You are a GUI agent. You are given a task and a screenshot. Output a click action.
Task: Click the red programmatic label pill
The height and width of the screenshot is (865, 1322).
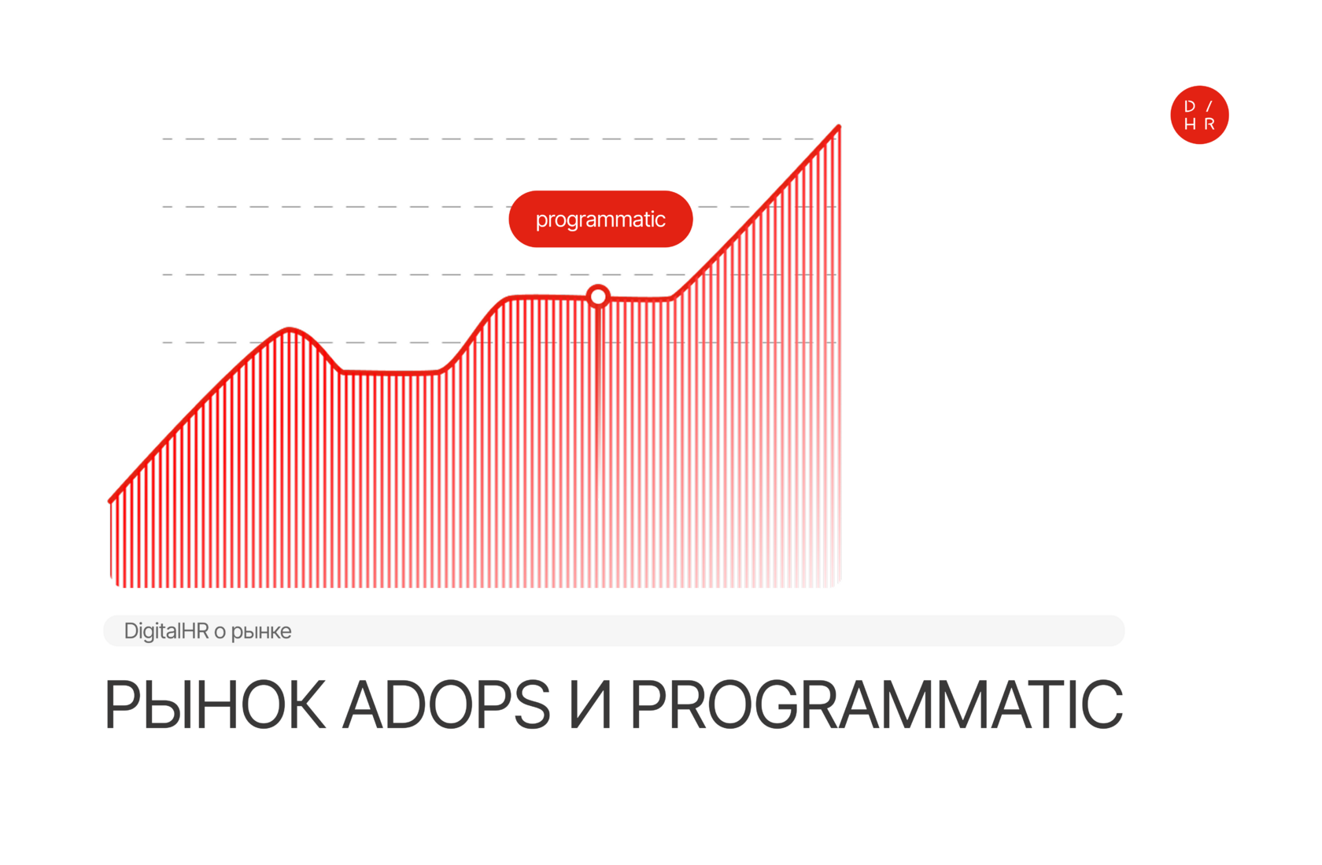(x=600, y=219)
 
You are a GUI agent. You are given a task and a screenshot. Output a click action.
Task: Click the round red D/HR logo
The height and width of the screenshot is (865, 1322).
(x=1199, y=115)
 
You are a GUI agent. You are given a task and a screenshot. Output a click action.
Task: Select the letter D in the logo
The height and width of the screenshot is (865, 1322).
(x=1189, y=106)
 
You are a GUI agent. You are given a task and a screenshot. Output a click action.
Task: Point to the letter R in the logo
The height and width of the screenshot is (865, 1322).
(x=1209, y=124)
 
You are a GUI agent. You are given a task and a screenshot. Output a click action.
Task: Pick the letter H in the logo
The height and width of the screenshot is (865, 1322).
(x=1190, y=124)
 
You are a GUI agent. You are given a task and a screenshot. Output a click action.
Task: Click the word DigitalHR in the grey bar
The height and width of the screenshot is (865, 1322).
(x=167, y=631)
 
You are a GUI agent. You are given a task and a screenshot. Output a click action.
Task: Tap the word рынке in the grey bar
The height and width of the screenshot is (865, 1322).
(x=261, y=632)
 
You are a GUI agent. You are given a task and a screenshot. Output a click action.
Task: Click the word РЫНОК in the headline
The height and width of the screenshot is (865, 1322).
(x=215, y=704)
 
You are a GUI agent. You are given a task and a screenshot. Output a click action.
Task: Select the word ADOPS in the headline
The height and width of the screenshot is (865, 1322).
(x=446, y=704)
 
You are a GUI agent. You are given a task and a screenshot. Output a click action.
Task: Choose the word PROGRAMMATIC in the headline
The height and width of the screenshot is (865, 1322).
(x=877, y=704)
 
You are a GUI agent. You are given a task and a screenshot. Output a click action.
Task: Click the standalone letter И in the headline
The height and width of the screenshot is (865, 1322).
(x=590, y=704)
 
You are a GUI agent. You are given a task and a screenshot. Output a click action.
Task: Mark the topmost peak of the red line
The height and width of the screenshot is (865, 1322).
(x=839, y=127)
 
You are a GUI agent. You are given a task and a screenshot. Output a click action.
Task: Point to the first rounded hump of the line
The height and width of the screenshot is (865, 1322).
(x=290, y=330)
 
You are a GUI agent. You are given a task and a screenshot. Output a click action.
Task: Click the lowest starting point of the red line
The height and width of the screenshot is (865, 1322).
(x=110, y=501)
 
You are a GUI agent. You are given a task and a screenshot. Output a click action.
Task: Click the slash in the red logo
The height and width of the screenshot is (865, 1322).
(x=1209, y=106)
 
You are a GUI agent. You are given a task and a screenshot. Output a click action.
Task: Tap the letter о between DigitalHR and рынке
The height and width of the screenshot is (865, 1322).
(x=220, y=632)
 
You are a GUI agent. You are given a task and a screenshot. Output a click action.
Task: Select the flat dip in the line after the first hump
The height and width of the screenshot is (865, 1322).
(x=390, y=372)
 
